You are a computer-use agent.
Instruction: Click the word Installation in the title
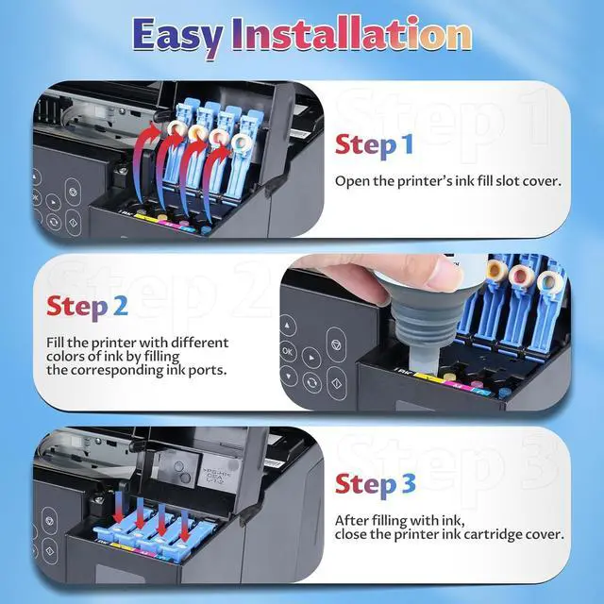tap(353, 36)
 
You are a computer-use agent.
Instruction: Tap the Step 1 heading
tap(374, 145)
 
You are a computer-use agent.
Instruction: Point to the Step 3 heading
tap(375, 484)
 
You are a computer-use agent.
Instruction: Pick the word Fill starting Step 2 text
tap(58, 343)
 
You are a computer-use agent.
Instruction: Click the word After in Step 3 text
tap(354, 520)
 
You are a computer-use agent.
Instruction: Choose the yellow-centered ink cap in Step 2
tap(495, 270)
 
